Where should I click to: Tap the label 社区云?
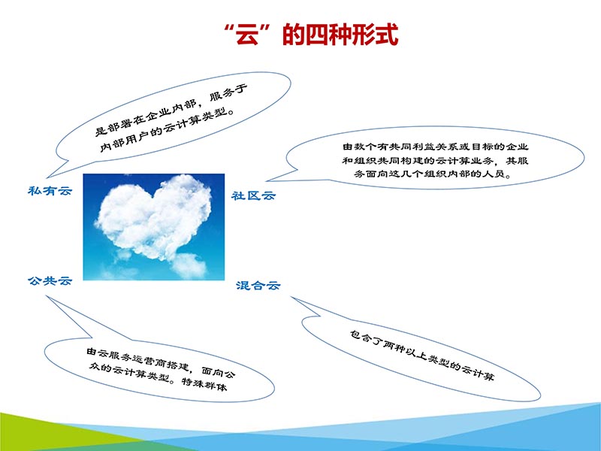coord(253,196)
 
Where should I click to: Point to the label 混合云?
coord(258,286)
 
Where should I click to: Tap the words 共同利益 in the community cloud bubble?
coord(409,146)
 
